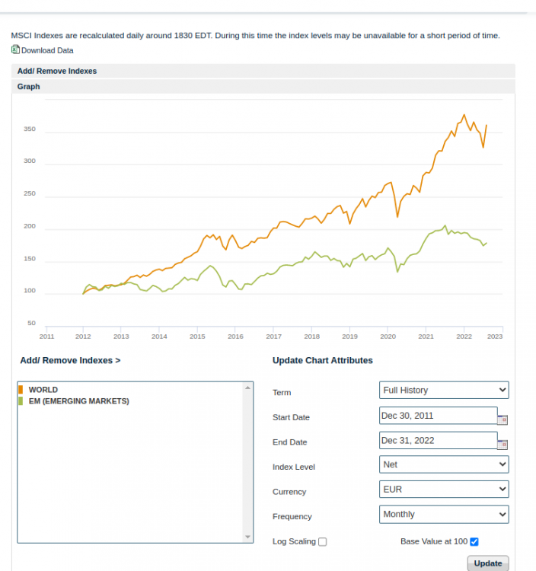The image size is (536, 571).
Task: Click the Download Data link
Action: pos(46,50)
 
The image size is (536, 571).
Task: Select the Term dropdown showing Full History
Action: pos(444,391)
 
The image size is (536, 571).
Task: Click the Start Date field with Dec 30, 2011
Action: pos(438,416)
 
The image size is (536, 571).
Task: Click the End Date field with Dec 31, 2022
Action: pos(438,441)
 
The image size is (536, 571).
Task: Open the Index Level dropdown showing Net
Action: pos(444,464)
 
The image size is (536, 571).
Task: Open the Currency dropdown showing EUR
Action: pos(444,490)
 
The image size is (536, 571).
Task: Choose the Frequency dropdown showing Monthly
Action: pos(444,515)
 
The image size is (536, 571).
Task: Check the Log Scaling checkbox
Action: pos(323,542)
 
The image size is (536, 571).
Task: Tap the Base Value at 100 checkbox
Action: pos(474,541)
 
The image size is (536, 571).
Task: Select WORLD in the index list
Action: pos(43,390)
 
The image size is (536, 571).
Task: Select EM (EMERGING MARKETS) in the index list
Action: pos(78,400)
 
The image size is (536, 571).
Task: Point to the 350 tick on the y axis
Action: pos(30,129)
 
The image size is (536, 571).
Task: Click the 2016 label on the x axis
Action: pos(235,336)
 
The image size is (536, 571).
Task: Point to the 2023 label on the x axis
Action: pos(494,336)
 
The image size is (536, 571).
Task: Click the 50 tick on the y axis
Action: pos(31,324)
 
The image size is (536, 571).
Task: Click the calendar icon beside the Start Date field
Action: pos(502,419)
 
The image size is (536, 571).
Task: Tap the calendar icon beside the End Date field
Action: pos(502,445)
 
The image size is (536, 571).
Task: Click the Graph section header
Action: pos(29,87)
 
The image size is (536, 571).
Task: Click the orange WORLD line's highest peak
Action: pos(464,115)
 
